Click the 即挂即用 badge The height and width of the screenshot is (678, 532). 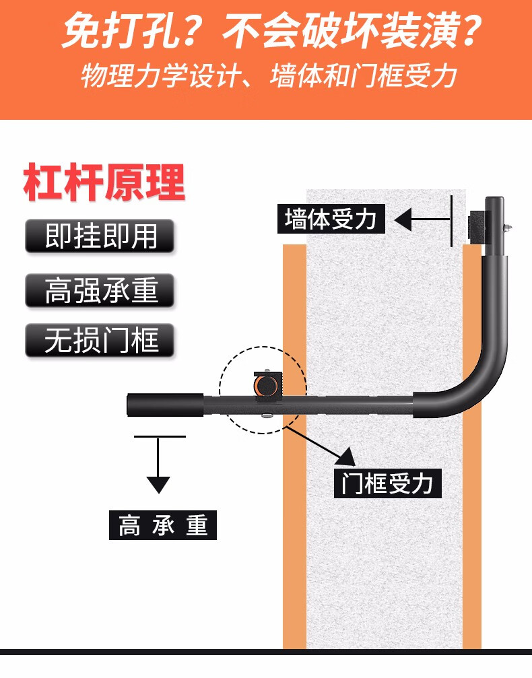[x=100, y=236]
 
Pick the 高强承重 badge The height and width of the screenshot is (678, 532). [x=100, y=290]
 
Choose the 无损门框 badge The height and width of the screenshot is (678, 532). [x=100, y=341]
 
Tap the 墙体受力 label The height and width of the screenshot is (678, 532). [x=331, y=219]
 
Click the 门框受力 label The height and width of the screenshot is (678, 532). [x=387, y=482]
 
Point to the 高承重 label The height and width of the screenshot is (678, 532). [x=163, y=524]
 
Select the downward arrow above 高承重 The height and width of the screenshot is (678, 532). [x=158, y=471]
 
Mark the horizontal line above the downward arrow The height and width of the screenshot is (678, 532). [x=159, y=436]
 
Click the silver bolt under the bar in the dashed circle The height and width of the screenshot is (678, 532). [x=267, y=416]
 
